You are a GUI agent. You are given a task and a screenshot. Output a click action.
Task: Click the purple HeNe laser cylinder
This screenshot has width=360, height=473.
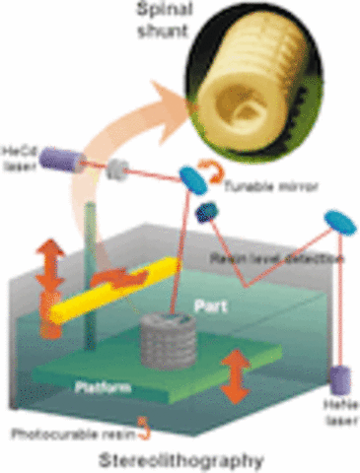[x=341, y=379]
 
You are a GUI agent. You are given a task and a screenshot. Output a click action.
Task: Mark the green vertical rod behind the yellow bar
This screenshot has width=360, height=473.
[x=92, y=246]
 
